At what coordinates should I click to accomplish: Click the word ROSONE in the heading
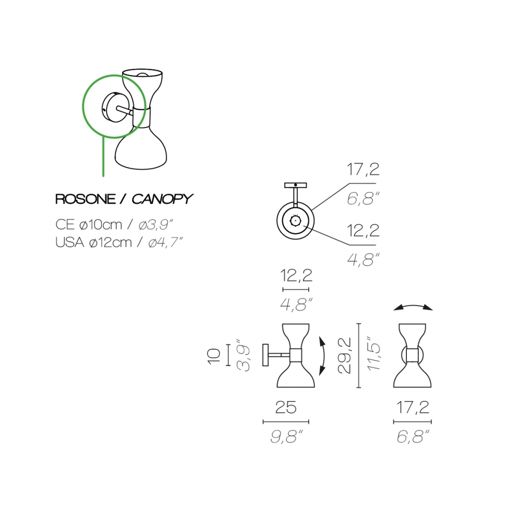pyautogui.click(x=86, y=199)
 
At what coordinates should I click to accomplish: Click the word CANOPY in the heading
pyautogui.click(x=162, y=199)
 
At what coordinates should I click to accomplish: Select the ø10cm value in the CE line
pyautogui.click(x=101, y=225)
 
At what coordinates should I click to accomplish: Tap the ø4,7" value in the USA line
pyautogui.click(x=165, y=242)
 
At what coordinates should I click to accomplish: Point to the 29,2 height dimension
pyautogui.click(x=345, y=355)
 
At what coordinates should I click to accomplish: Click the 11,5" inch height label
pyautogui.click(x=374, y=353)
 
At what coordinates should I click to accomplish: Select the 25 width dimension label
pyautogui.click(x=286, y=407)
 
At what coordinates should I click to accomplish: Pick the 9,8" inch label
pyautogui.click(x=287, y=437)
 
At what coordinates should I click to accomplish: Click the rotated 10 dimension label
pyautogui.click(x=214, y=356)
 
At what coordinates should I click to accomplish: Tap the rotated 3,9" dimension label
pyautogui.click(x=244, y=357)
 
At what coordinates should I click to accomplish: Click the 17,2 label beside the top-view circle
pyautogui.click(x=363, y=170)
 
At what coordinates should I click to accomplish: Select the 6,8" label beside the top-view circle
pyautogui.click(x=363, y=199)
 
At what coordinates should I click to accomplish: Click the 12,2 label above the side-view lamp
pyautogui.click(x=296, y=276)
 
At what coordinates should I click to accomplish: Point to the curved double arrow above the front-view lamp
pyautogui.click(x=413, y=307)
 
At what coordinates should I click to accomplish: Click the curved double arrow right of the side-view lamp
pyautogui.click(x=324, y=356)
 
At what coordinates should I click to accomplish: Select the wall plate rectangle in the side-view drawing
pyautogui.click(x=266, y=355)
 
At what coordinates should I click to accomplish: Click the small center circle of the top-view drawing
pyautogui.click(x=295, y=220)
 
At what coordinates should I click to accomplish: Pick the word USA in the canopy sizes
pyautogui.click(x=70, y=242)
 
